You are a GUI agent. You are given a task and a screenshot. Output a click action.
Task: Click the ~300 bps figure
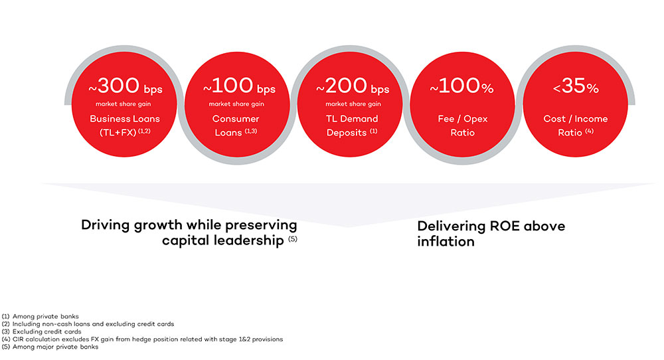[x=126, y=87]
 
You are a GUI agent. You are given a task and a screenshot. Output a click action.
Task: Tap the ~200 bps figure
[x=352, y=87]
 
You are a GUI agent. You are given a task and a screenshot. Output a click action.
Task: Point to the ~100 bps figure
[x=239, y=87]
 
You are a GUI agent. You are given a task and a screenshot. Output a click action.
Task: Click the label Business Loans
[x=125, y=119]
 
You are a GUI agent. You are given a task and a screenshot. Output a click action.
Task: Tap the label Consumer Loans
[x=236, y=119]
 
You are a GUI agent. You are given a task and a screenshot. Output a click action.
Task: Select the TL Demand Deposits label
[x=352, y=126]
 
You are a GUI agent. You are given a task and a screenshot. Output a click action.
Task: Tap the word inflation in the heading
[x=446, y=241]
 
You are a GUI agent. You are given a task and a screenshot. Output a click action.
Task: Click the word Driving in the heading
[x=106, y=225]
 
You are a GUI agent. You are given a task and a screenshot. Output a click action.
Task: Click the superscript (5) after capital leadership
[x=292, y=238]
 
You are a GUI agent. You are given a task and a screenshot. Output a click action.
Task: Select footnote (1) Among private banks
[x=39, y=316]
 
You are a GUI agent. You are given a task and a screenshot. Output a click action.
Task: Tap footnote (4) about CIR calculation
[x=143, y=339]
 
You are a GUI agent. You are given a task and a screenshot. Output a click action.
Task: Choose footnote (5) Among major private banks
[x=50, y=347]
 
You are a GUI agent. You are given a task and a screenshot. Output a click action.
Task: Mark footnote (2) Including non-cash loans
[x=88, y=324]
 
